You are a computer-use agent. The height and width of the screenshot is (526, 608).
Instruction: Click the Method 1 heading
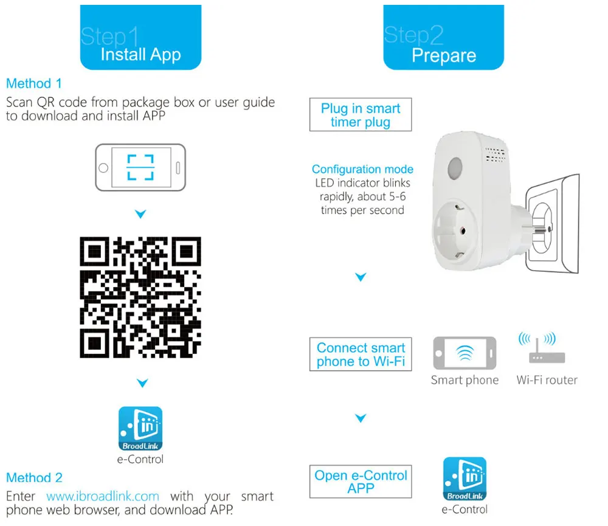[x=34, y=83]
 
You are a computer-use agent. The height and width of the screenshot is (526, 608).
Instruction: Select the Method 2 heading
[x=34, y=478]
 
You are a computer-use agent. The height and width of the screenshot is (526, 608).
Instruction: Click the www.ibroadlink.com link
[x=103, y=496]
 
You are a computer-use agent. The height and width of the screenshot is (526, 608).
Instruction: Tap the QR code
[x=140, y=297]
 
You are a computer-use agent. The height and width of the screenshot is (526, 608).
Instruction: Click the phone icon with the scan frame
[x=140, y=167]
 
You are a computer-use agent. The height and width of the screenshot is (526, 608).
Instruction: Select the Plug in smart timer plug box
[x=361, y=115]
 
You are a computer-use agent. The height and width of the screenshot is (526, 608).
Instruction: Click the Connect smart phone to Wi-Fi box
[x=361, y=355]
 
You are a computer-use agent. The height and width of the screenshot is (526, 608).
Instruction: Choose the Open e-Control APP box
[x=361, y=482]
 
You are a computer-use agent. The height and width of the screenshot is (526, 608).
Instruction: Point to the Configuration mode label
[x=362, y=170]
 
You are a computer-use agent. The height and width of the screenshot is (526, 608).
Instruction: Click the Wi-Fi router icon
[x=546, y=352]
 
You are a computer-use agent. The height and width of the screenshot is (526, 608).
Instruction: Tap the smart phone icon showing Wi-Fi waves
[x=465, y=353]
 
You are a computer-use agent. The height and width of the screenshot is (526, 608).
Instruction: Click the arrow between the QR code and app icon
[x=142, y=383]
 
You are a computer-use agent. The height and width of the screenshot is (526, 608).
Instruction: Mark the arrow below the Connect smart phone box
[x=361, y=418]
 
